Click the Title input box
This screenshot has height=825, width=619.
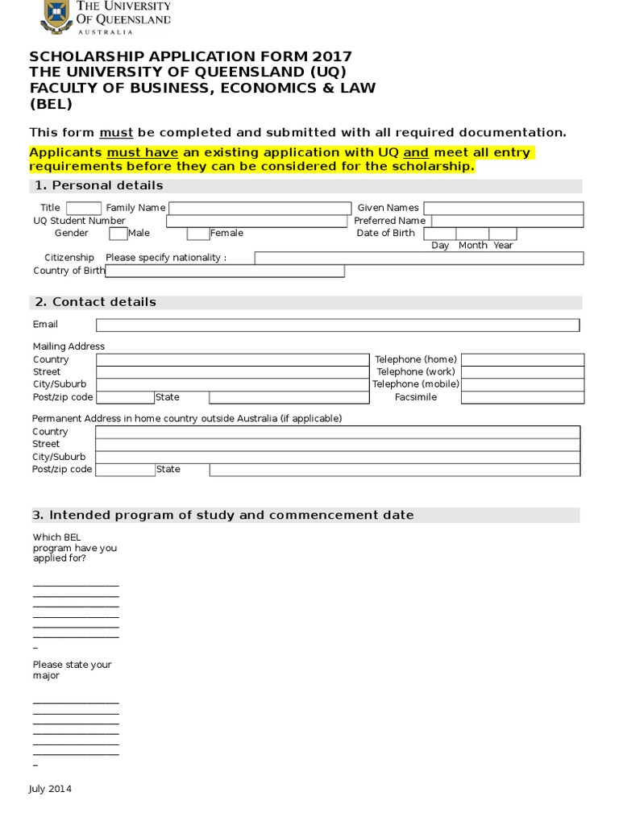click(84, 208)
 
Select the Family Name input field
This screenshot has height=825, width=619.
click(260, 208)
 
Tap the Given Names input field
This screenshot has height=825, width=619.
click(503, 208)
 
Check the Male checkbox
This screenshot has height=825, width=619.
click(118, 234)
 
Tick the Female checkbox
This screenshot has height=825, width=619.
click(198, 234)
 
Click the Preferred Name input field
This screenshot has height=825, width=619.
click(507, 221)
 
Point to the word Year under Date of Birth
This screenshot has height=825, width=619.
click(503, 246)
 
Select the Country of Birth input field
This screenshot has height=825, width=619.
click(225, 271)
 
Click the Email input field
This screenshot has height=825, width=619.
click(338, 325)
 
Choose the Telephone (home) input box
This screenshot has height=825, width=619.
click(521, 359)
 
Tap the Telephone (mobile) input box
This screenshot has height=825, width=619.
click(521, 384)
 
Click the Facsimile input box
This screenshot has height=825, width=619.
click(521, 397)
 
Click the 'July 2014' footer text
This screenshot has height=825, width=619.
click(50, 789)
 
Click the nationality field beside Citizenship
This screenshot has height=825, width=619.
click(419, 258)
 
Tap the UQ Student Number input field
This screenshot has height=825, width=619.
click(257, 221)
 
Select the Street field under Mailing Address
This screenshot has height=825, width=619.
click(231, 372)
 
